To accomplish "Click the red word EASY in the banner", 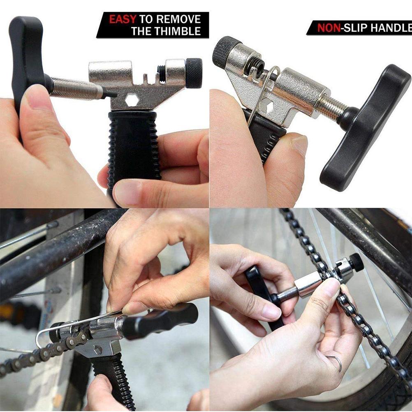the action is coord(123,19).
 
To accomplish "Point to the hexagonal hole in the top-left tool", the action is coord(131,100).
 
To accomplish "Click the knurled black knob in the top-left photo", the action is coord(194,73).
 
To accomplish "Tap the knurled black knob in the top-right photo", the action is coord(226,51).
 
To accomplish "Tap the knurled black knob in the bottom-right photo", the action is coord(356,262).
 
